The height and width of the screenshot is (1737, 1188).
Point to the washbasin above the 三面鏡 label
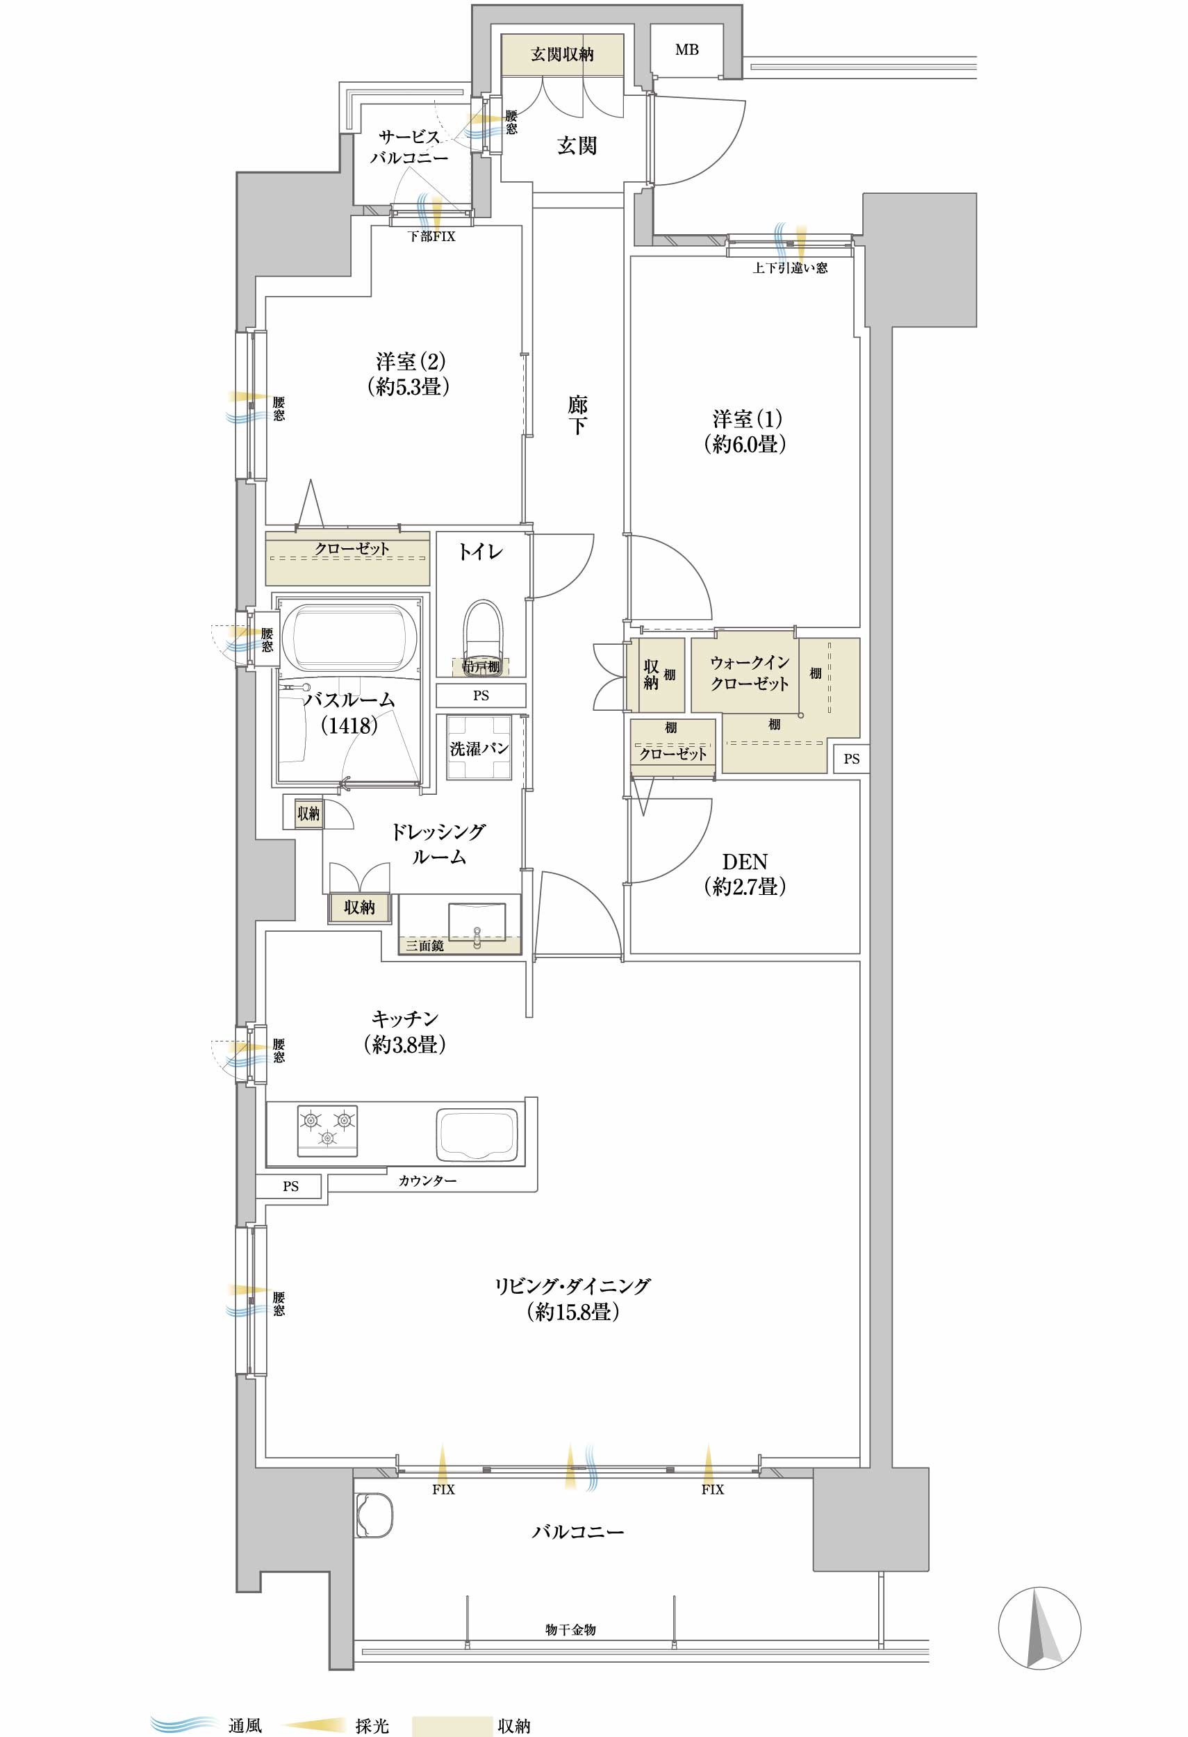(x=476, y=921)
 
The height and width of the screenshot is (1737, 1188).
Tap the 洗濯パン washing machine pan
(x=479, y=748)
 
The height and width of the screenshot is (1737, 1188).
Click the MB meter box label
(x=686, y=50)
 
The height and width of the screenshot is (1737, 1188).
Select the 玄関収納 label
(x=562, y=53)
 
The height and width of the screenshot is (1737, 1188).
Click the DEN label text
(x=744, y=861)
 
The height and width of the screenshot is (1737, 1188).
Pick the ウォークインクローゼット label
(x=750, y=673)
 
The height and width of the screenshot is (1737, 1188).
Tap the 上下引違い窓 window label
(x=790, y=267)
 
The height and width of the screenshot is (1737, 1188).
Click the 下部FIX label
(x=431, y=236)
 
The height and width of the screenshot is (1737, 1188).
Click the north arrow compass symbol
(x=1040, y=1628)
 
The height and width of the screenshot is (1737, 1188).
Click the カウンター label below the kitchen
(x=427, y=1180)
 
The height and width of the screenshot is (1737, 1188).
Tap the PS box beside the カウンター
(x=290, y=1186)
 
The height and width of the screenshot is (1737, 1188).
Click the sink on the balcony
(x=374, y=1515)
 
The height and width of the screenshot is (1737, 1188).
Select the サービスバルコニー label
(x=409, y=147)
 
